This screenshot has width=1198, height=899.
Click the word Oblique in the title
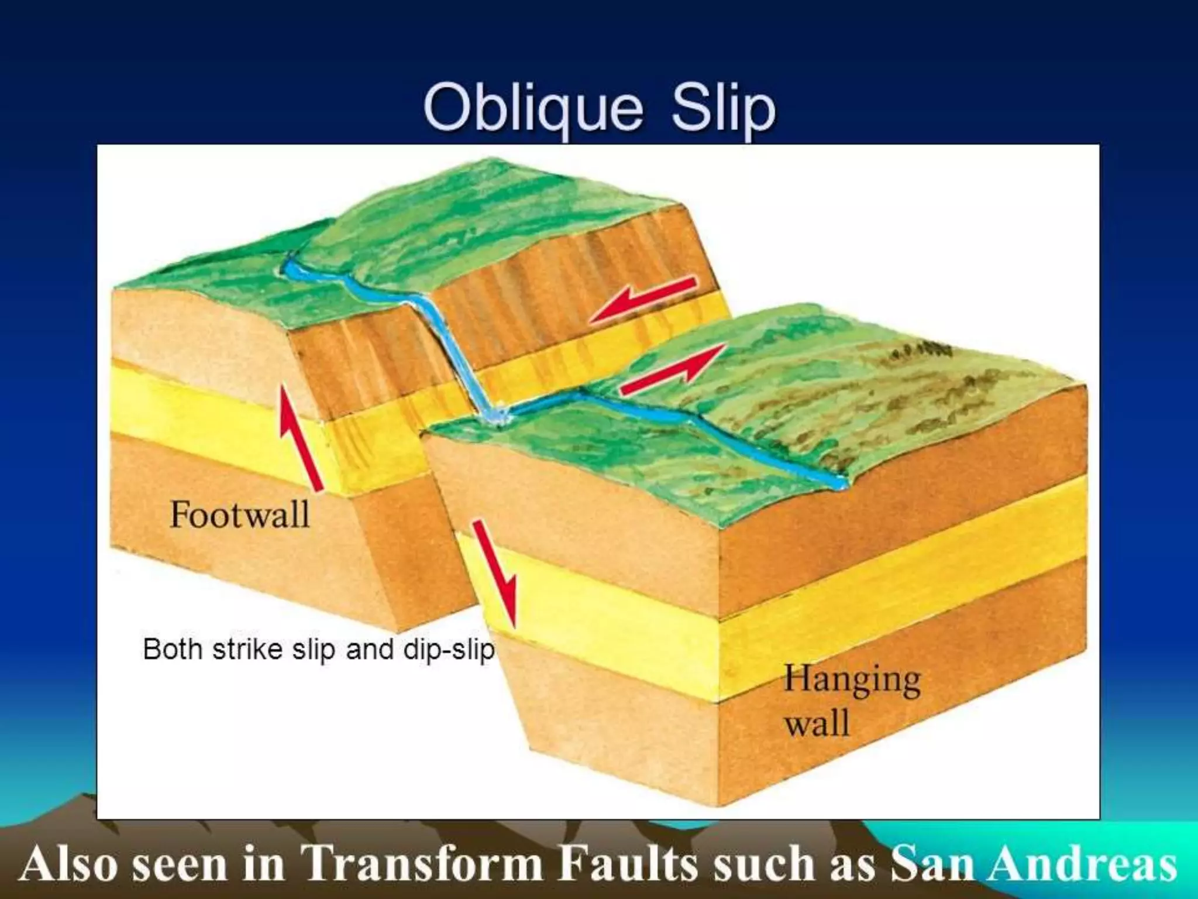pos(532,108)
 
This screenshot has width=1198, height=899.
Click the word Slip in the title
pos(724,108)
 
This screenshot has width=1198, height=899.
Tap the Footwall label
pos(239,515)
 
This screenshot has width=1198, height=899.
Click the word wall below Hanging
pos(817,723)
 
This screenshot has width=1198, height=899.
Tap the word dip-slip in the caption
pos(449,650)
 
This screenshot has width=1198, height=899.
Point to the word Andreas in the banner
pos(1082,865)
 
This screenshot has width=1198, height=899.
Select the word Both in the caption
pos(173,650)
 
